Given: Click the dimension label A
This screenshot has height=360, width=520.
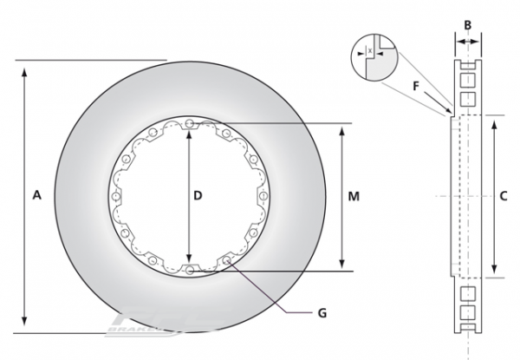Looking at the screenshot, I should tap(36, 196).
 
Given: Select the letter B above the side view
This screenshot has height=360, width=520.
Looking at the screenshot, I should tap(467, 24).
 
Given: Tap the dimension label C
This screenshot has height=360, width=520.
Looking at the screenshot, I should tap(503, 196).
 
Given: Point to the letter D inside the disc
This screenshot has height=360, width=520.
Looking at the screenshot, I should tap(198, 196).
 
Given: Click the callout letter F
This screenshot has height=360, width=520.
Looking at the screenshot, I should tap(416, 87).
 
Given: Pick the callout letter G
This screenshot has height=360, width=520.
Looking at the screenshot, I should tap(322, 310).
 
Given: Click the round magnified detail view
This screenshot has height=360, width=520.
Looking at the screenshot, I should tap(373, 56).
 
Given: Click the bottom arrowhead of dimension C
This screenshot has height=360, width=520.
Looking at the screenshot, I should tap(494, 271).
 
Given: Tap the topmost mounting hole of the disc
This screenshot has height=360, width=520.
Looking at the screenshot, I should tap(189, 122).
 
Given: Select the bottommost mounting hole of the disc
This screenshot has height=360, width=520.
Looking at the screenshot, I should tap(189, 270).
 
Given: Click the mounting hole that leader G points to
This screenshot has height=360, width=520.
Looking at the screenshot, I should tap(226, 259).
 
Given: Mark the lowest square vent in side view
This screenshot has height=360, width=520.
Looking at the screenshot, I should tap(468, 311).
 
